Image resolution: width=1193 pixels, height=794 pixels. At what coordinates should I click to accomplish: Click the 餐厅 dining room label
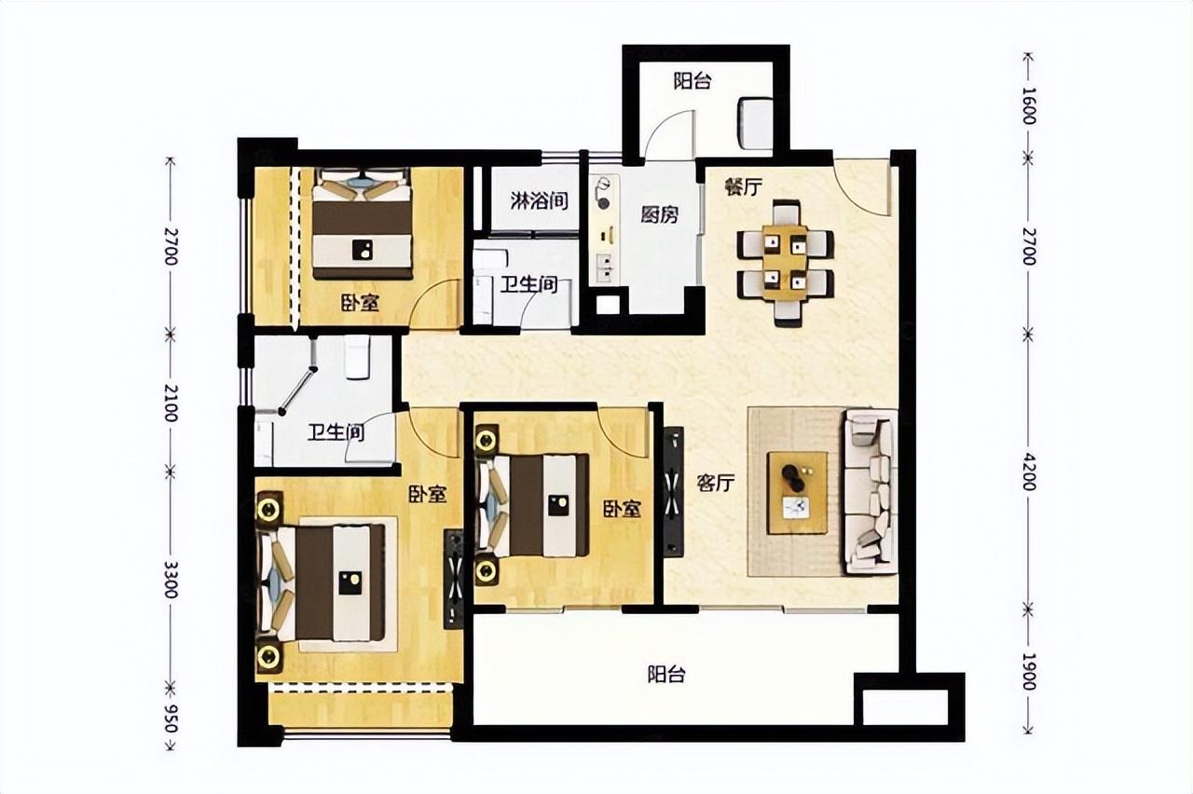click(743, 187)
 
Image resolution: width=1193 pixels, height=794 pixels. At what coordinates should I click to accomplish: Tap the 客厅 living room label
click(715, 483)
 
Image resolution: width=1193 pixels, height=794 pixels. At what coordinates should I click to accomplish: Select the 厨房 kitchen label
click(659, 214)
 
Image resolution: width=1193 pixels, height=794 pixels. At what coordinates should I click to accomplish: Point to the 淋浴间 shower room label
click(539, 201)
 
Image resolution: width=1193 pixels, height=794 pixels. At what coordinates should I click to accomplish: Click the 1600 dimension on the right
click(1029, 113)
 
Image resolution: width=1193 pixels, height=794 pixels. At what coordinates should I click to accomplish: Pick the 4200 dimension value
click(1029, 472)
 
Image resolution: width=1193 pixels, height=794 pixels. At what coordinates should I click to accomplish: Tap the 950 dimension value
click(170, 717)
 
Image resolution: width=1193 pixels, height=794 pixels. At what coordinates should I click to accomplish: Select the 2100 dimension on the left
click(170, 403)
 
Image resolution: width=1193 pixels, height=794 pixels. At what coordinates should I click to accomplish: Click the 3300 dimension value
click(170, 579)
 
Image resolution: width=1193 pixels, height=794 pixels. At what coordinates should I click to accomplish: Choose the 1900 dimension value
click(1029, 672)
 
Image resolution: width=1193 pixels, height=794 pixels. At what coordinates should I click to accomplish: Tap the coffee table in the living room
click(797, 493)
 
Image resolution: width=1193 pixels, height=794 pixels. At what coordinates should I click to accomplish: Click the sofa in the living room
click(870, 491)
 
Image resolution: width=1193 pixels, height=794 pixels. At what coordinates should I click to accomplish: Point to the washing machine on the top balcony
click(755, 124)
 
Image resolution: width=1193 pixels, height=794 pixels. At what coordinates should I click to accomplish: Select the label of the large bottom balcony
click(666, 675)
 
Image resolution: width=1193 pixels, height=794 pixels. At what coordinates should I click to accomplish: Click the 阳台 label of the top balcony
click(692, 81)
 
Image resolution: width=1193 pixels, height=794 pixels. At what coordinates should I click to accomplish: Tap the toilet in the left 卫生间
click(357, 357)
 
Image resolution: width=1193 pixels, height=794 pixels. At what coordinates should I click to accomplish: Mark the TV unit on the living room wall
click(674, 491)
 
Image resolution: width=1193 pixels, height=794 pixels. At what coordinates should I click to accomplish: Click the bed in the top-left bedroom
click(363, 224)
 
